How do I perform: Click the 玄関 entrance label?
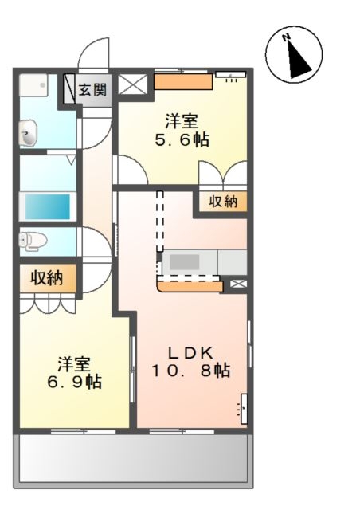(93, 89)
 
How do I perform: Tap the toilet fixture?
(33, 241)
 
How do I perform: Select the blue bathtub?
(48, 206)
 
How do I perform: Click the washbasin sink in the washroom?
(28, 133)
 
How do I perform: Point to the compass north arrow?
(297, 59)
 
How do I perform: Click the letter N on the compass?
(286, 37)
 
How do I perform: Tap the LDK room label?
(190, 352)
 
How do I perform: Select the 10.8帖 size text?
(190, 370)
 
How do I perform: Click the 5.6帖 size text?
(182, 140)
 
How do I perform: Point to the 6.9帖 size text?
(75, 382)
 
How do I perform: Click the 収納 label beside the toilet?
(46, 278)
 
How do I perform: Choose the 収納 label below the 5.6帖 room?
(223, 202)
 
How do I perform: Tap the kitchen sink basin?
(185, 262)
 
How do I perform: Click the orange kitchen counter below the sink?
(190, 286)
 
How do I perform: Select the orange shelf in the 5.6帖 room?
(183, 81)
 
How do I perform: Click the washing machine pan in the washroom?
(33, 85)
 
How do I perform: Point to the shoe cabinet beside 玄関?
(69, 89)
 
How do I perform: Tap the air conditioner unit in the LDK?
(244, 409)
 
